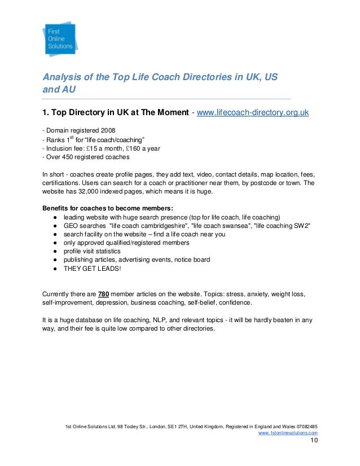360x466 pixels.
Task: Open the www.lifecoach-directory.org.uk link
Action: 252,113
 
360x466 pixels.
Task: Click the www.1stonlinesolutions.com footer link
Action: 287,433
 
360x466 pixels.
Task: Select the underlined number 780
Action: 104,293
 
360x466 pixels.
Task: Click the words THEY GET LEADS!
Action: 92,268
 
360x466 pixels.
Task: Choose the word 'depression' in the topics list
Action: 115,302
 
